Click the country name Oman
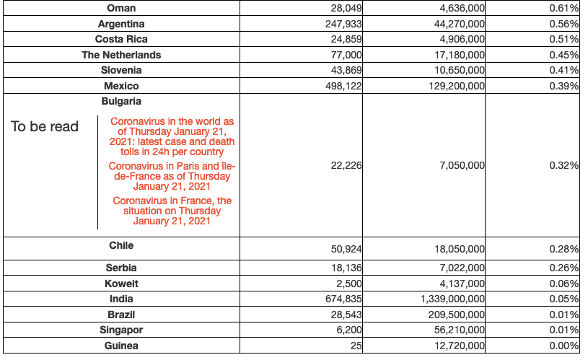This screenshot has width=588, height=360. click(120, 8)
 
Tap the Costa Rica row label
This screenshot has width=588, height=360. click(120, 39)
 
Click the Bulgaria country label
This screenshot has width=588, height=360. click(120, 102)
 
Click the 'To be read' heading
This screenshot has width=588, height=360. click(45, 126)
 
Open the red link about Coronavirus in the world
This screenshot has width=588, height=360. click(172, 137)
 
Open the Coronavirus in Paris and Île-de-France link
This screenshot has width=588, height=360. click(172, 176)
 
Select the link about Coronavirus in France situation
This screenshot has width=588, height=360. click(172, 211)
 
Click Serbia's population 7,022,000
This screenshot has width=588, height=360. click(461, 268)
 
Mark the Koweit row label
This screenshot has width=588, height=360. click(120, 283)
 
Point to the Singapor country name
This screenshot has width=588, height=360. click(120, 330)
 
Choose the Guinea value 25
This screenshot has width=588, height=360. click(356, 346)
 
